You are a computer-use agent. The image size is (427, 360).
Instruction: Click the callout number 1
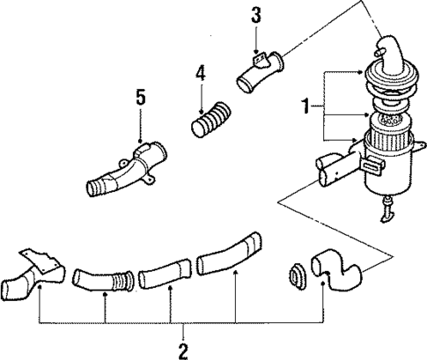point(306,108)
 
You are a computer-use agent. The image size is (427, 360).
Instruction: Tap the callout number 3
point(255,15)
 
